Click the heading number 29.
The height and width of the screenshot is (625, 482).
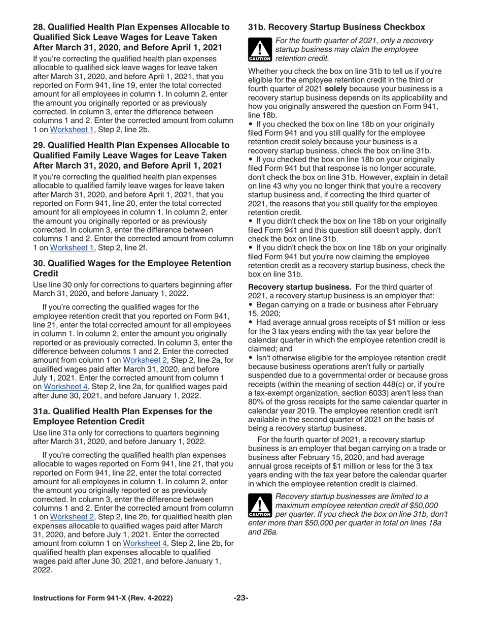click(39, 146)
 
